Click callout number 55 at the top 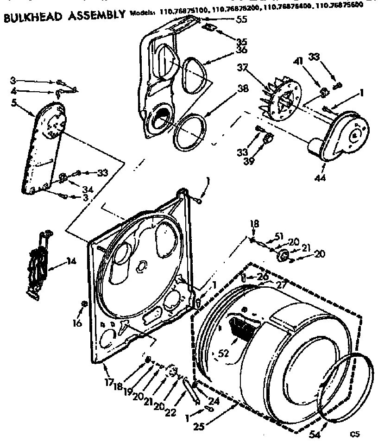coord(241,19)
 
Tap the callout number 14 coord(71,261)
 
